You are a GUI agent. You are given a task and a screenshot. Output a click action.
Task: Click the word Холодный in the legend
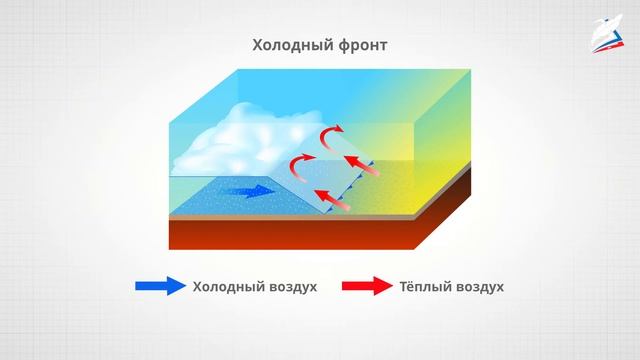point(231,287)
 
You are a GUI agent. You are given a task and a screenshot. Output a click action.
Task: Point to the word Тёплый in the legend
point(427,287)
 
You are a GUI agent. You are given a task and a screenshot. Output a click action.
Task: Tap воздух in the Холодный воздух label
point(292,287)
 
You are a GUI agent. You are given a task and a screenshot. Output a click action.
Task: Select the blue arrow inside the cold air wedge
point(249,191)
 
